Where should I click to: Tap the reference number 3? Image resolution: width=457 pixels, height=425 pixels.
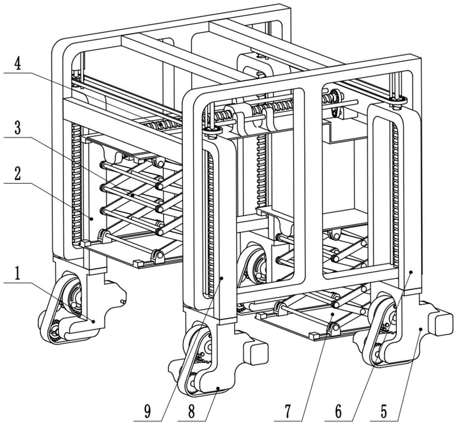(x=18, y=128)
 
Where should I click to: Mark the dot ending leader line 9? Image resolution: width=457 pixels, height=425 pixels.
(x=222, y=278)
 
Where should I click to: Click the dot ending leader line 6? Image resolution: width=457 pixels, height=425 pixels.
(x=411, y=271)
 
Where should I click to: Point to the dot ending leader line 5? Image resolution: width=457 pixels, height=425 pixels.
(x=420, y=329)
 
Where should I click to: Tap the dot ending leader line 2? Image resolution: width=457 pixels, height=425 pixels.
(x=91, y=218)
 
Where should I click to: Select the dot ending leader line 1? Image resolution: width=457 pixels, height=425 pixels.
(x=93, y=321)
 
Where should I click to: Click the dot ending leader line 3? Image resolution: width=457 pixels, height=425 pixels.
(x=133, y=195)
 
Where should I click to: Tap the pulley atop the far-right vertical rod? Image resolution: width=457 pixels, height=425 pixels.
(x=398, y=101)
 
